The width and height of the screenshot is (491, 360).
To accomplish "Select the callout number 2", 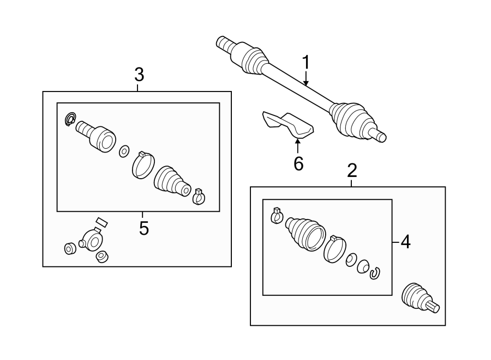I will [x=352, y=171].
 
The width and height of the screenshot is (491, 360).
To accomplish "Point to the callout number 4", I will [x=405, y=242].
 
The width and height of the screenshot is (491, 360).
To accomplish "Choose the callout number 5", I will [x=143, y=228].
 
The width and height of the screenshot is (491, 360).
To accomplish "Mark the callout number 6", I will [x=298, y=163].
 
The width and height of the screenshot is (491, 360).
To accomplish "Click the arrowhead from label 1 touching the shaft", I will [x=306, y=84].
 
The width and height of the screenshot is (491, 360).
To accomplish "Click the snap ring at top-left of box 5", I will [x=70, y=118].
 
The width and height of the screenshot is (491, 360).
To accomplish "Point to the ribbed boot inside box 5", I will [x=170, y=181].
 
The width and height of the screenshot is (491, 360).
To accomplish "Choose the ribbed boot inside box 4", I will [x=304, y=234].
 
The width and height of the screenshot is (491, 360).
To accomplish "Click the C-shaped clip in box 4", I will [x=375, y=273].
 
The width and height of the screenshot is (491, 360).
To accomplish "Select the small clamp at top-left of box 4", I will [x=277, y=216].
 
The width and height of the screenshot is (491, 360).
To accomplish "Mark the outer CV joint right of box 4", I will [x=417, y=299].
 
